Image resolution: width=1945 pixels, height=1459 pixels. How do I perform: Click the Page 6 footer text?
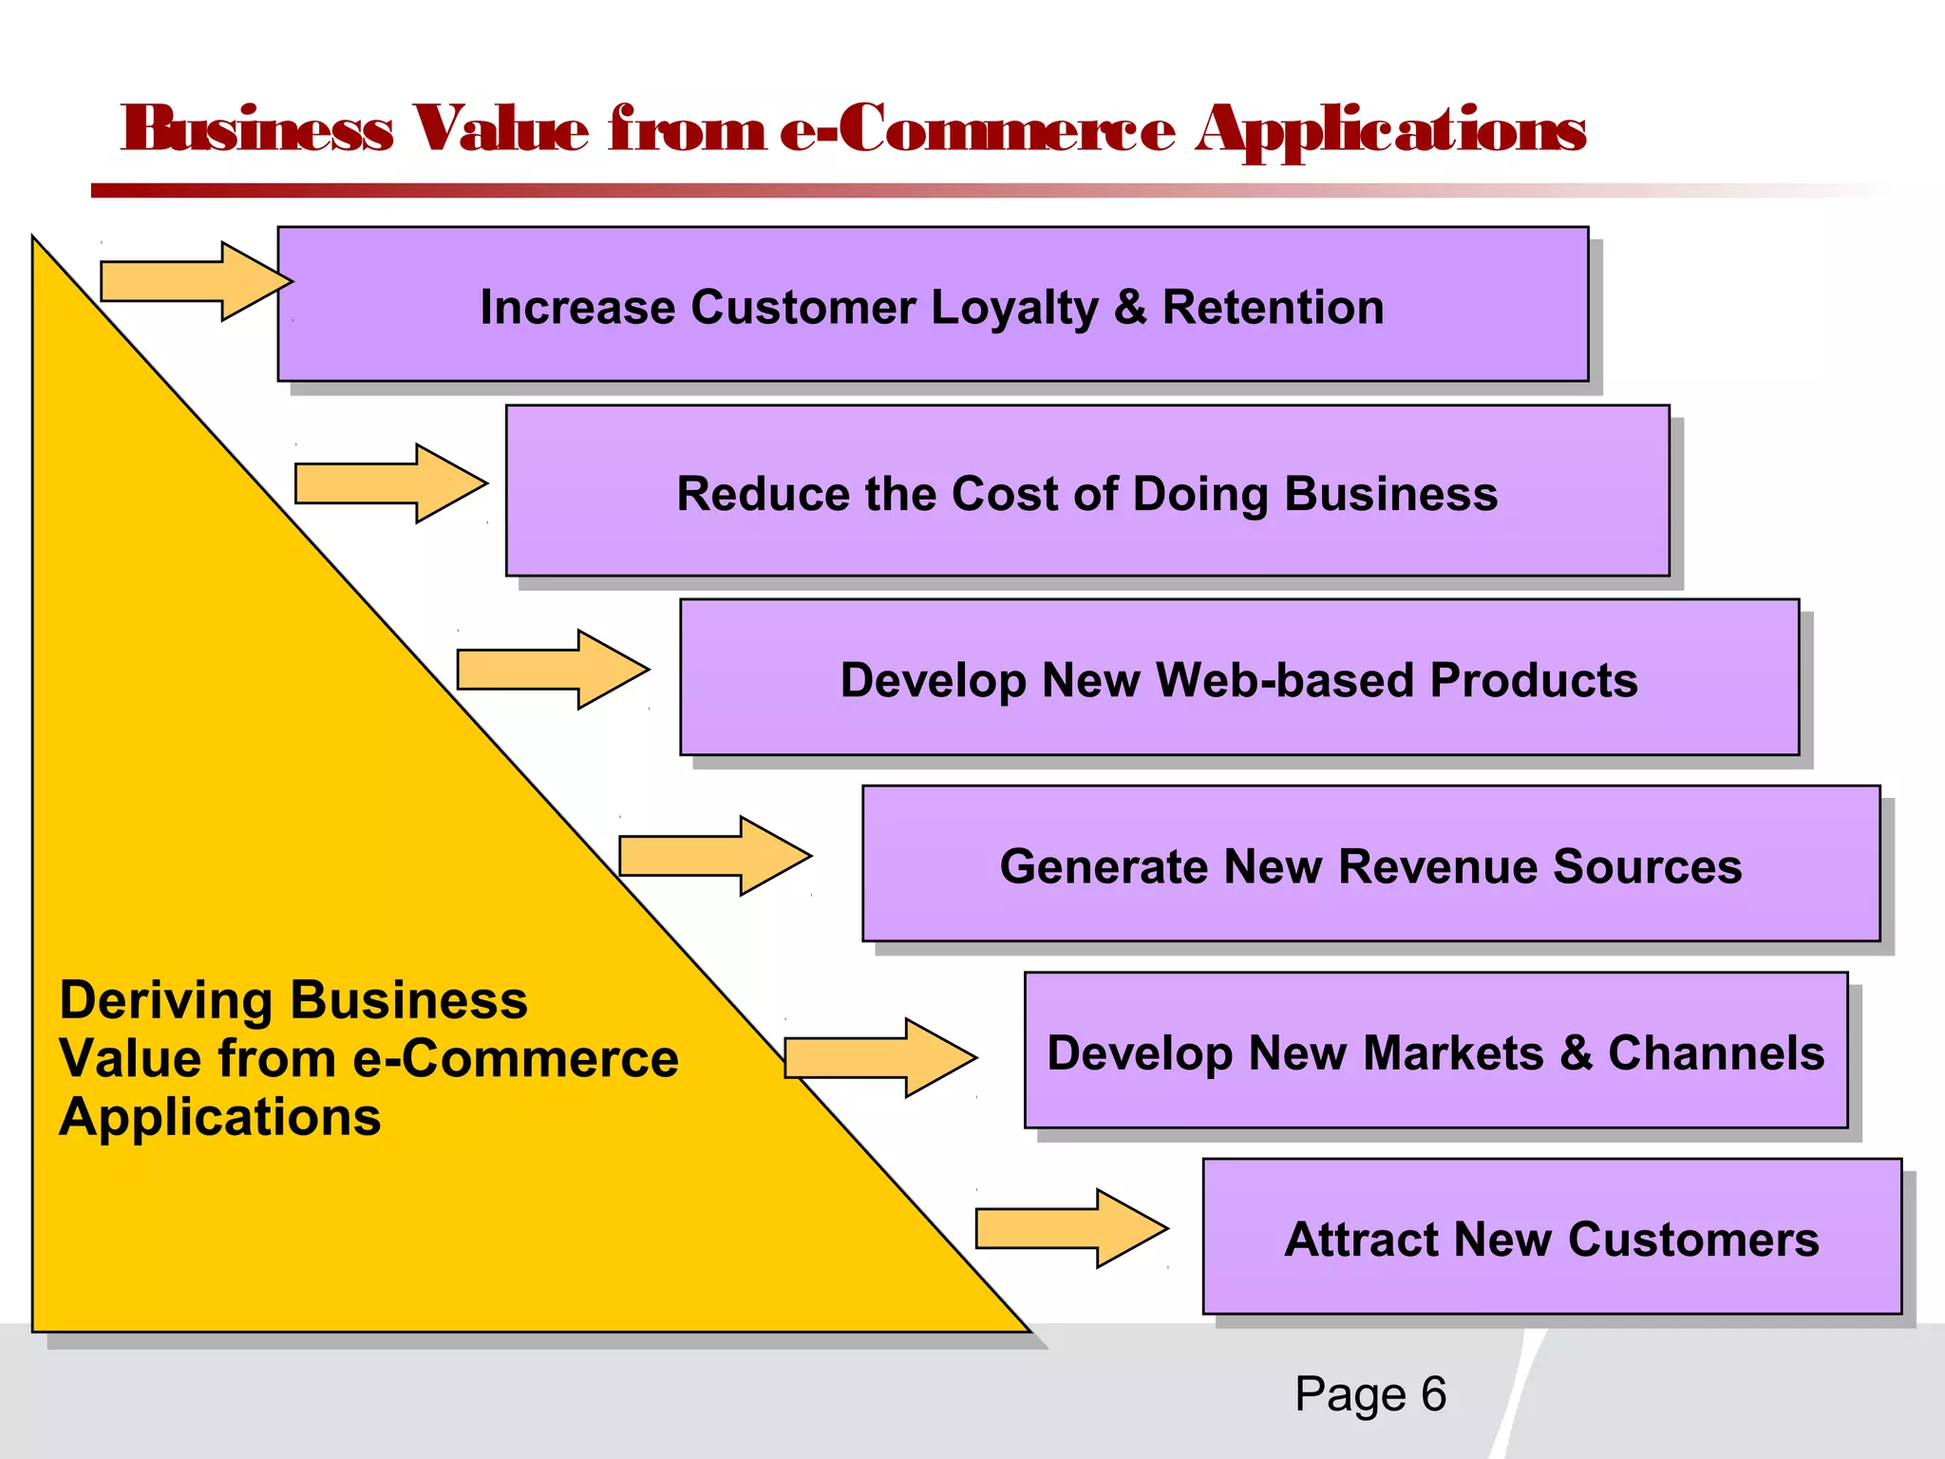tap(1369, 1394)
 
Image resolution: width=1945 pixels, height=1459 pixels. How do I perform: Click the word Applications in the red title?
tap(1390, 131)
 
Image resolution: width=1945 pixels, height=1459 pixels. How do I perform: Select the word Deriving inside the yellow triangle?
tap(166, 1001)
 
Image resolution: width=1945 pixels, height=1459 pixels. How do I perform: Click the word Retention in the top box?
tap(1273, 308)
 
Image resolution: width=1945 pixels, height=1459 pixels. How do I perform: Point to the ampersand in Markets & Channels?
tap(1576, 1053)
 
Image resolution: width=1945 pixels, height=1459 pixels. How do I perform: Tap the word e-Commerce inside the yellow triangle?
tap(516, 1058)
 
